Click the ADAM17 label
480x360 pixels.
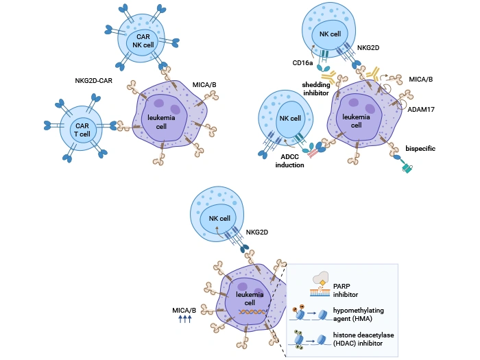click(422, 108)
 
